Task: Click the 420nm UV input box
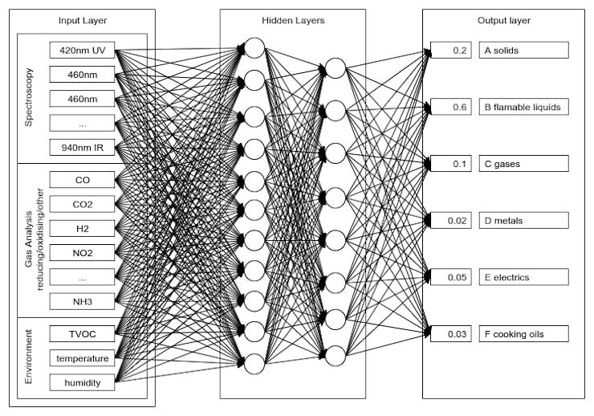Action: click(x=82, y=51)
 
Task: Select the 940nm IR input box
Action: click(x=82, y=147)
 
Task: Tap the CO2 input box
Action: click(x=82, y=205)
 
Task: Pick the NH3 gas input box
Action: click(x=82, y=301)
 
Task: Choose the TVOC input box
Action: click(x=82, y=332)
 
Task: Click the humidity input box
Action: click(x=82, y=382)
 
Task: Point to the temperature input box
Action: click(x=82, y=357)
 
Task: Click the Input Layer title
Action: click(x=82, y=20)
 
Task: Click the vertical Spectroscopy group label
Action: click(x=30, y=98)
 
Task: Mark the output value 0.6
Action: click(x=451, y=107)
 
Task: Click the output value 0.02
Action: click(x=451, y=220)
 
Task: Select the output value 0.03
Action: click(x=451, y=333)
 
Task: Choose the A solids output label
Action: click(x=524, y=50)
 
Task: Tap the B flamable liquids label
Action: click(x=524, y=107)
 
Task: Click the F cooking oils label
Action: click(x=524, y=333)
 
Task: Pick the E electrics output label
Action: click(x=524, y=277)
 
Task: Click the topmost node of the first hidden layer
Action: click(x=254, y=49)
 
